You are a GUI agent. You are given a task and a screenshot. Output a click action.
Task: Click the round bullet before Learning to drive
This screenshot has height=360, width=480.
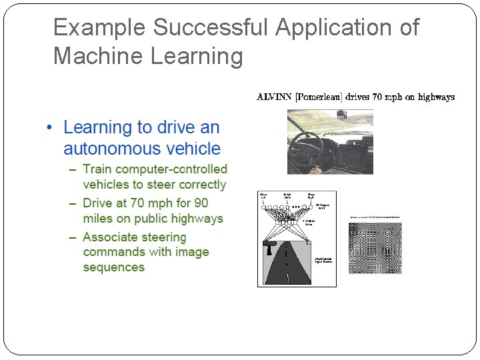pos(51,127)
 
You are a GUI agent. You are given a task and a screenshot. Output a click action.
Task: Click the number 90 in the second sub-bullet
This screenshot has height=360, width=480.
pos(200,203)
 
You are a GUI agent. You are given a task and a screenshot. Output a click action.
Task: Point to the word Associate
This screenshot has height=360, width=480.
pos(110,237)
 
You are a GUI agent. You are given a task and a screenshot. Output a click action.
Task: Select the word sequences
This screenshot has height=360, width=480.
pos(113,267)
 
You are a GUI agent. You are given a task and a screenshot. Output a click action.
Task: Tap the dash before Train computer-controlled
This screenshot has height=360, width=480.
pos(73,170)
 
